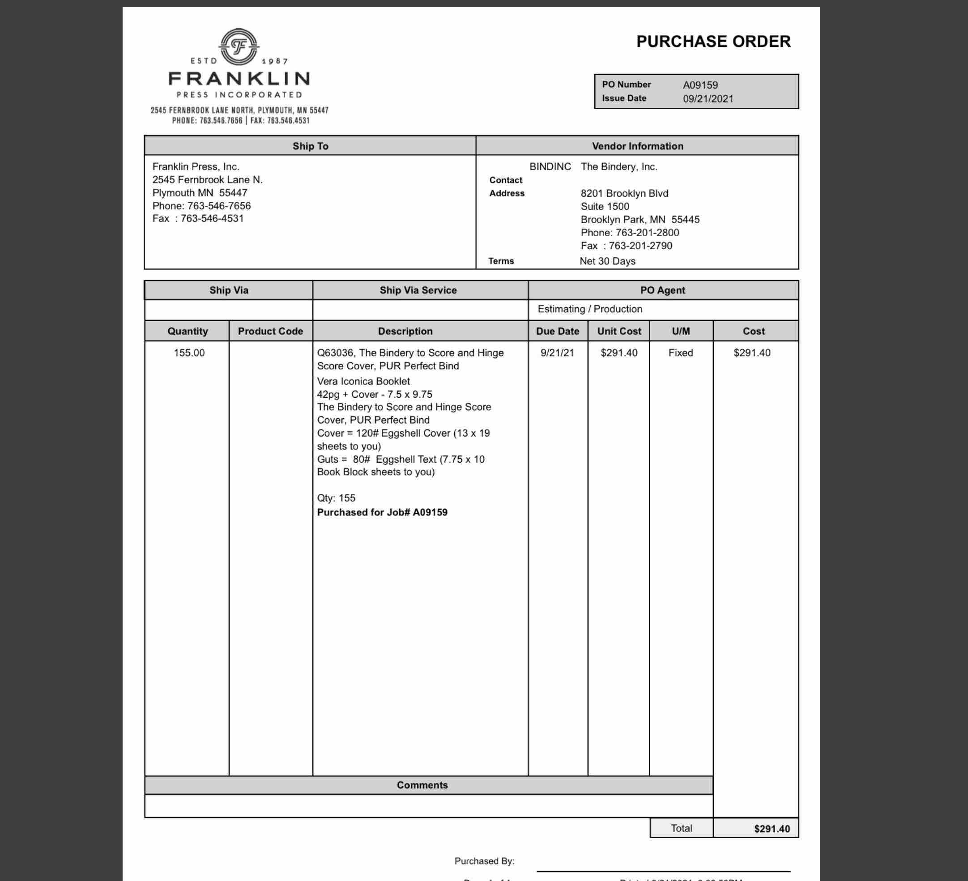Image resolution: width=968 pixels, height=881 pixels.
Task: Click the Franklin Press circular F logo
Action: click(x=239, y=47)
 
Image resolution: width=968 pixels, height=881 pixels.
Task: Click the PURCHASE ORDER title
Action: click(x=713, y=42)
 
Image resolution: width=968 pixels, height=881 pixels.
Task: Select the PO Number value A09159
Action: click(x=700, y=85)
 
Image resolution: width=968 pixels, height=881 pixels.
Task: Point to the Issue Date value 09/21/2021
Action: click(x=708, y=99)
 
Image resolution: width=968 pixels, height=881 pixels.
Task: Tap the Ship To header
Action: click(x=310, y=146)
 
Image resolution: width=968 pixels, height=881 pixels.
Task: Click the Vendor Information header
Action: click(x=637, y=146)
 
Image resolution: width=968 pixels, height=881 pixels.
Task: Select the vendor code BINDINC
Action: click(x=550, y=166)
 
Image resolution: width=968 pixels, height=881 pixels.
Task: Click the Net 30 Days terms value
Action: click(x=607, y=261)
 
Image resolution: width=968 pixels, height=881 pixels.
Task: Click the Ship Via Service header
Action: click(x=418, y=290)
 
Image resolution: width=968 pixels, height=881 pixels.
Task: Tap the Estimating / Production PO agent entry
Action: click(x=590, y=309)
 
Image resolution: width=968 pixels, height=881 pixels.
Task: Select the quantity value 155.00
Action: click(x=189, y=353)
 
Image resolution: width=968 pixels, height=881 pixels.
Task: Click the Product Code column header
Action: click(x=270, y=331)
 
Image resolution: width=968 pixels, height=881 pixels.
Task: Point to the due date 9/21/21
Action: click(x=557, y=353)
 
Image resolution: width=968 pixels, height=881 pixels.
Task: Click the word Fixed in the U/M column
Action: click(x=680, y=353)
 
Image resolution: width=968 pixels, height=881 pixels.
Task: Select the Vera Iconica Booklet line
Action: click(x=363, y=381)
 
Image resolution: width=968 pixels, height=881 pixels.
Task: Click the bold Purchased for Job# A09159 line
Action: click(x=382, y=512)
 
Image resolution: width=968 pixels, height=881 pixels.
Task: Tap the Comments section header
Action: click(x=422, y=785)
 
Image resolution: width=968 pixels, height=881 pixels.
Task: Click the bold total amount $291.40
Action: click(x=772, y=829)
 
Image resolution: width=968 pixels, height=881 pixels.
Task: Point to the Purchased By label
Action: click(x=484, y=861)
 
